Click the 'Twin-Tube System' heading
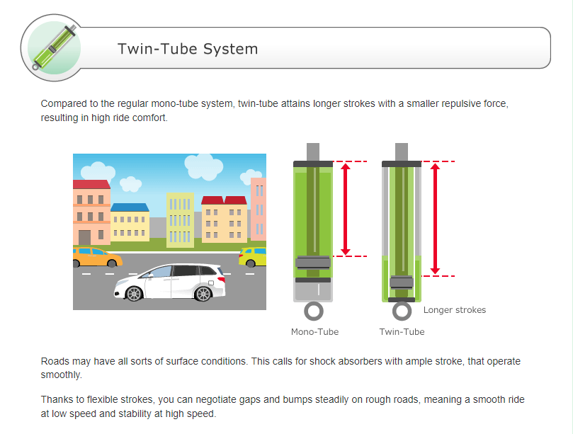click(x=188, y=49)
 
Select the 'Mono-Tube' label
click(x=314, y=331)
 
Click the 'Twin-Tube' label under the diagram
click(x=402, y=331)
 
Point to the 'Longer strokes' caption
click(x=455, y=310)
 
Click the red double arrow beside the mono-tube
click(x=346, y=209)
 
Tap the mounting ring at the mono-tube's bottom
click(x=313, y=311)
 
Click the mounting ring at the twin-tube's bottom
click(x=402, y=311)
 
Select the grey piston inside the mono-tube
click(x=312, y=263)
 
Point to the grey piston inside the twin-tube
click(x=401, y=282)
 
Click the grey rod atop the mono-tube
click(x=312, y=152)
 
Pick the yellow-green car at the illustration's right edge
click(x=253, y=256)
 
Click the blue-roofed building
click(x=130, y=222)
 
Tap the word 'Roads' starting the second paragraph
click(x=55, y=361)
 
